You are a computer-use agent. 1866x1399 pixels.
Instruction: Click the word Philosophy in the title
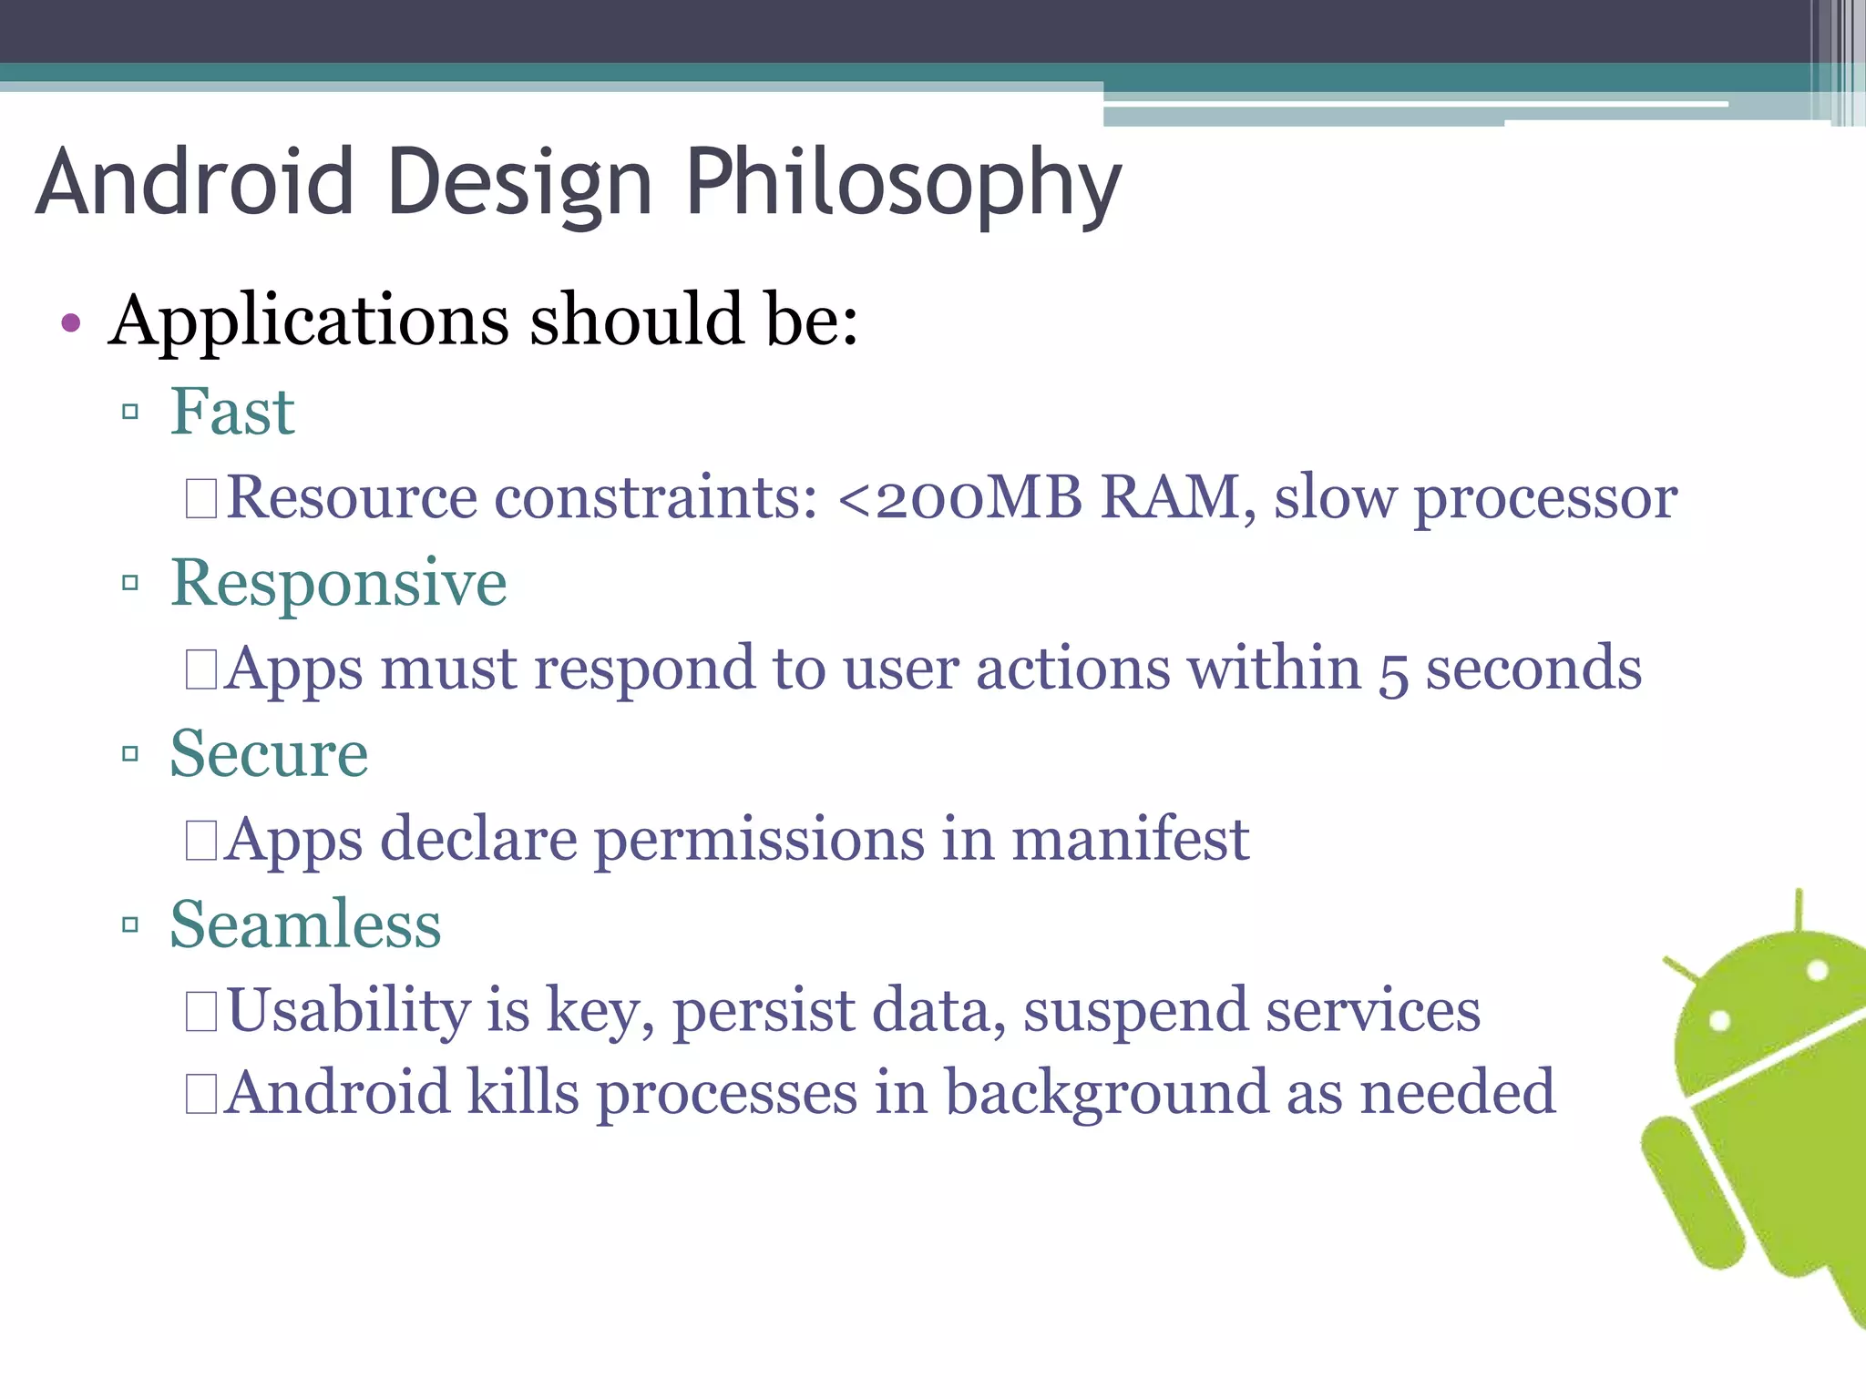pyautogui.click(x=902, y=185)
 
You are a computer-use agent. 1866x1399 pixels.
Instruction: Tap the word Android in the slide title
pyautogui.click(x=194, y=185)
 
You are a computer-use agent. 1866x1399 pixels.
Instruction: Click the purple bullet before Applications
pyautogui.click(x=71, y=322)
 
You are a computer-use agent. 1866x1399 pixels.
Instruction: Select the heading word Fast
pyautogui.click(x=232, y=412)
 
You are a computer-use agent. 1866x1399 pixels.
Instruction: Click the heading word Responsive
pyautogui.click(x=339, y=583)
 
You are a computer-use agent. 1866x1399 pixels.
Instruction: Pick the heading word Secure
pyautogui.click(x=269, y=754)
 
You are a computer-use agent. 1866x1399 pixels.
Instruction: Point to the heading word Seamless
pyautogui.click(x=305, y=925)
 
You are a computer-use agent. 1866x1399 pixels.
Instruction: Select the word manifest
pyautogui.click(x=1130, y=839)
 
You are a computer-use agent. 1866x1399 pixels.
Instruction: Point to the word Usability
pyautogui.click(x=347, y=1011)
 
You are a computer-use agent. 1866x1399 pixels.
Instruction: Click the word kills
pyautogui.click(x=523, y=1092)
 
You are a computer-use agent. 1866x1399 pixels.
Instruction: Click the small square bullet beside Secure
pyautogui.click(x=130, y=754)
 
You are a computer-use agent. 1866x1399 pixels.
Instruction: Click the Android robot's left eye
pyautogui.click(x=1718, y=1020)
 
